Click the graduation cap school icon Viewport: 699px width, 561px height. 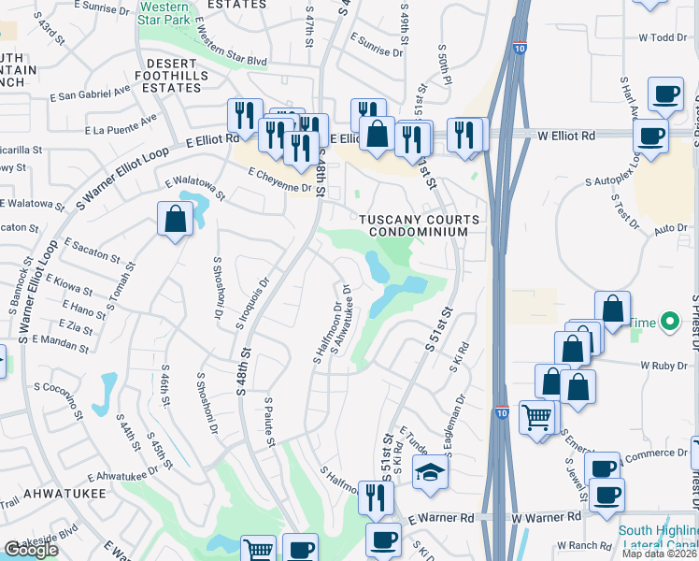click(430, 472)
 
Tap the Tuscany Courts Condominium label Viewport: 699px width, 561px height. click(421, 225)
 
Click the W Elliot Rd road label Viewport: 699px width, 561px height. click(566, 136)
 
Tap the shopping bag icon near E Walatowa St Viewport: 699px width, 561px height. click(175, 220)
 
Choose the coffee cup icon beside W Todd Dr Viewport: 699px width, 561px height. click(665, 93)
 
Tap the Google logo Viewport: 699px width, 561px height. click(31, 550)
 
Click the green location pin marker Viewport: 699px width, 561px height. click(668, 323)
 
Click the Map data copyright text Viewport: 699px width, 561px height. click(660, 554)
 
